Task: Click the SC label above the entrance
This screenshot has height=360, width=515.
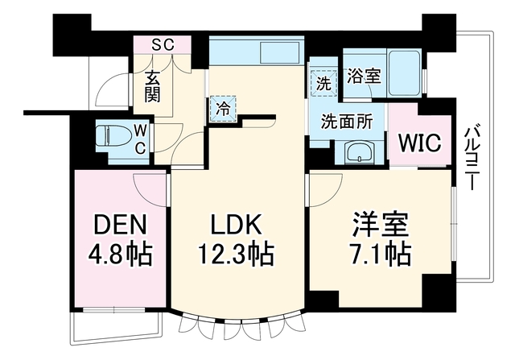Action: tap(163, 44)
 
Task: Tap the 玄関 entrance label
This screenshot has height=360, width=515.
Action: tap(153, 86)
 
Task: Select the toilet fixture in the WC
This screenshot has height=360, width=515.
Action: tap(112, 136)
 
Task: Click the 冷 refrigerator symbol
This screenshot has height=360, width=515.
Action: tap(224, 109)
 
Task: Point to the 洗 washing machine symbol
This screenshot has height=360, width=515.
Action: tap(323, 84)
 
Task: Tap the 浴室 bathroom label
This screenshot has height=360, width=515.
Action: tap(364, 77)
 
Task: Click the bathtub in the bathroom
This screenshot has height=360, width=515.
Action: tap(405, 73)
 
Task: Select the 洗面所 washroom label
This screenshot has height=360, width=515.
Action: tap(347, 122)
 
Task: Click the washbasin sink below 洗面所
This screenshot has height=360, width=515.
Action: tap(360, 151)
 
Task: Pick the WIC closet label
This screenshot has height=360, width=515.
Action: tap(420, 143)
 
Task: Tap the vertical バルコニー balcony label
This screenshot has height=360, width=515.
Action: tap(471, 159)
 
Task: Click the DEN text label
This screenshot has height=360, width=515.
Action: tap(120, 225)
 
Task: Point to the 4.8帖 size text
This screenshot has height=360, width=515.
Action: tap(120, 254)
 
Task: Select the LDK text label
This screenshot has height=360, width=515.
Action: tap(236, 225)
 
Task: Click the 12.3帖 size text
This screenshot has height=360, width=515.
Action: tap(236, 254)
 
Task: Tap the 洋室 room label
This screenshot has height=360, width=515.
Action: tap(381, 225)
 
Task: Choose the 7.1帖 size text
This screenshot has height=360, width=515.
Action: tap(381, 254)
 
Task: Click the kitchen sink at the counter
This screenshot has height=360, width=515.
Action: tap(280, 52)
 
